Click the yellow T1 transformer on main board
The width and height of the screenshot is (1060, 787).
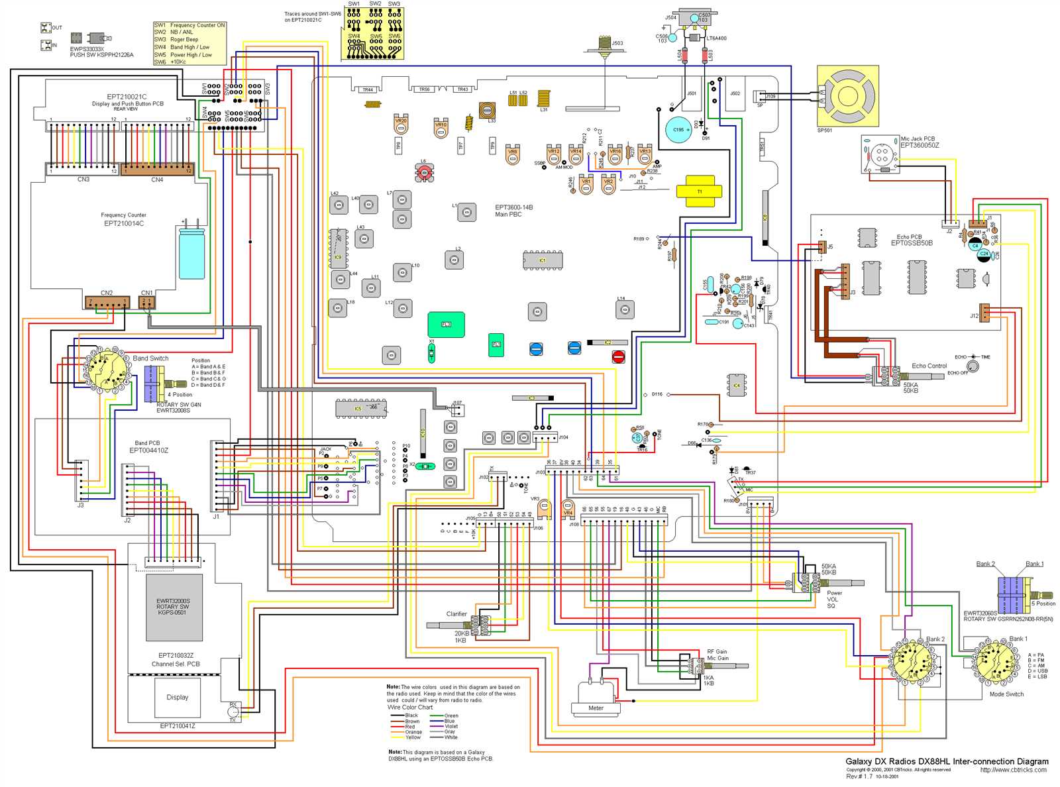(x=699, y=191)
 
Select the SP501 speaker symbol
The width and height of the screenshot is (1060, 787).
(x=847, y=95)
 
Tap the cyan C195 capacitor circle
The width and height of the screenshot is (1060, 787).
(x=678, y=130)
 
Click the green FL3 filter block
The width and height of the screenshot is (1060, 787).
(x=446, y=325)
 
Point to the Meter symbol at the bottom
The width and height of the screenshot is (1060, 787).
(x=596, y=700)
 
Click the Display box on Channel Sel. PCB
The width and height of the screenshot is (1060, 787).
(x=177, y=697)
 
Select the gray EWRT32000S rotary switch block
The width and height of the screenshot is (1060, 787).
(x=174, y=607)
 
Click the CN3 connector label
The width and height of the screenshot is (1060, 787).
(x=83, y=180)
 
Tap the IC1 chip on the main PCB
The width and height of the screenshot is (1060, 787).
(x=543, y=260)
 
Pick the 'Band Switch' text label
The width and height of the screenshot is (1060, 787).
(x=150, y=358)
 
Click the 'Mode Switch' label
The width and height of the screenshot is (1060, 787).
(x=1006, y=694)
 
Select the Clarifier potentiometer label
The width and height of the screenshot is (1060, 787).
(x=456, y=614)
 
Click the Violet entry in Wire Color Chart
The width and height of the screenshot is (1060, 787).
(x=450, y=727)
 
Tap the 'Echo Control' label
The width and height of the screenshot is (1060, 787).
(x=929, y=366)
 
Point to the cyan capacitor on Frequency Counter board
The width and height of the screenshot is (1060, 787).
(x=191, y=253)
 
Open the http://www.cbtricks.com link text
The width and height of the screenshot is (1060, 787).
(x=1013, y=770)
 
